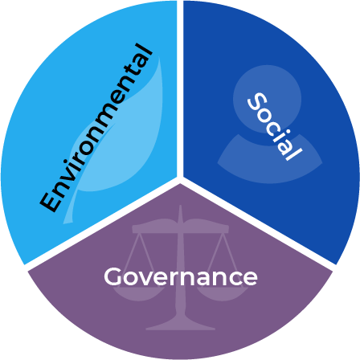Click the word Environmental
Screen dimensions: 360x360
tap(96, 128)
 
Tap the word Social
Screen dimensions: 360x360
tap(275, 126)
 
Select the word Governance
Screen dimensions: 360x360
tap(181, 276)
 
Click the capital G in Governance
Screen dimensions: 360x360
tap(113, 276)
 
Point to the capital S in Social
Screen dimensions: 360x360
tap(257, 101)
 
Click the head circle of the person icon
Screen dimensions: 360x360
tap(267, 99)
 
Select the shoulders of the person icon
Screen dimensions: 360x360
tap(270, 161)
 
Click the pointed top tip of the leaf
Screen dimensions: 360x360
tap(160, 58)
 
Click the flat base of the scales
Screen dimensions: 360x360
tap(181, 327)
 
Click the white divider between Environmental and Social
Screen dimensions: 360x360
tap(180, 88)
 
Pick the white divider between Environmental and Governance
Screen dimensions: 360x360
tap(102, 224)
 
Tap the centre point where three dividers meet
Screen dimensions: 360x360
tap(180, 180)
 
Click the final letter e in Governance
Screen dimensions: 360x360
tap(251, 279)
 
